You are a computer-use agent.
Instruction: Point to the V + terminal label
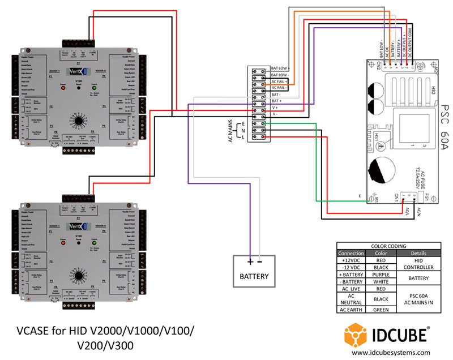click(x=275, y=107)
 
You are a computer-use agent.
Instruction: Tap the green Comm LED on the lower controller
click(x=93, y=244)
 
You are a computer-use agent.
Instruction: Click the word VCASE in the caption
click(x=33, y=329)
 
